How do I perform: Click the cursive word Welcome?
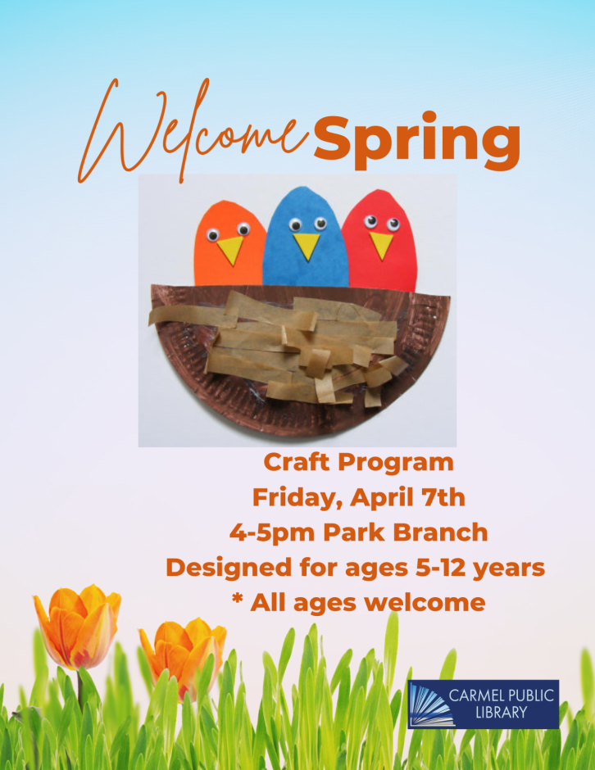193,133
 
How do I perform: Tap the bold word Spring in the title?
417,140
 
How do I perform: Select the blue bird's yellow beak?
307,247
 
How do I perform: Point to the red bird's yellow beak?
381,246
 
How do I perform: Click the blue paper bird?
305,241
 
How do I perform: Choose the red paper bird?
382,242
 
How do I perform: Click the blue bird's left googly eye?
295,225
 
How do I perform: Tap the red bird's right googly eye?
393,225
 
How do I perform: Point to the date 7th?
443,497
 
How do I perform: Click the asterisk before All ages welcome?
238,599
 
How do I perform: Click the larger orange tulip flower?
78,627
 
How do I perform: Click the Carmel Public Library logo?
484,704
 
